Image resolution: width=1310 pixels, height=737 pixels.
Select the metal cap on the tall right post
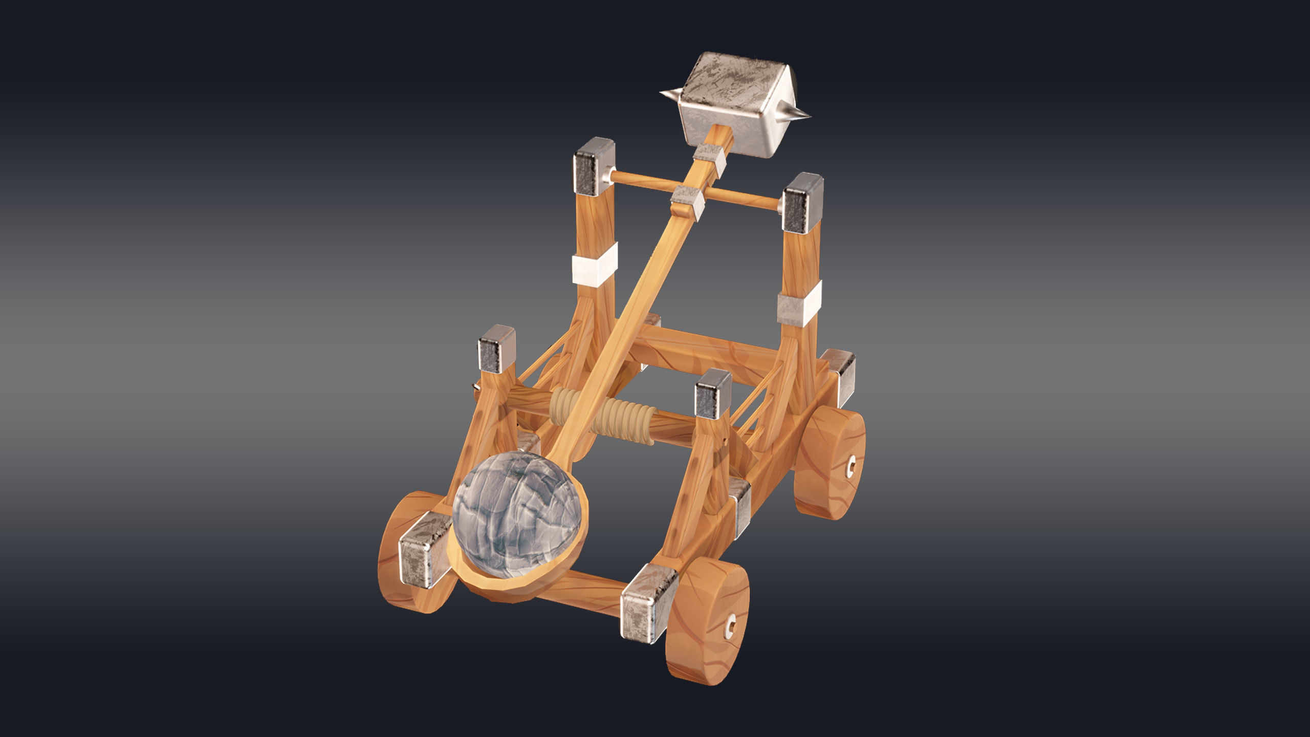[802, 203]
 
